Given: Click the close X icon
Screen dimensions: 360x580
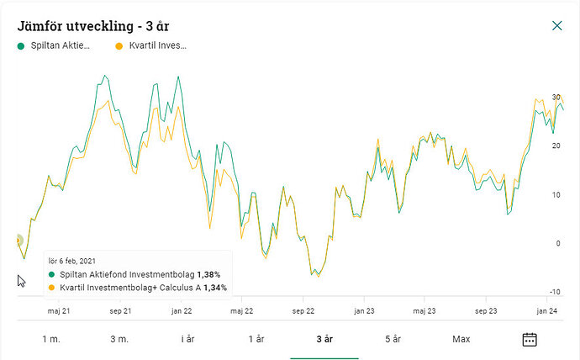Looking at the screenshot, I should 556,25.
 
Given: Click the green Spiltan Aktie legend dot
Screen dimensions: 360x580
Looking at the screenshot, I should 21,46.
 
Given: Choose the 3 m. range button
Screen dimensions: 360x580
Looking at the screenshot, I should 119,339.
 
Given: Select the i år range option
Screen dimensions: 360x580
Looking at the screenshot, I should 188,339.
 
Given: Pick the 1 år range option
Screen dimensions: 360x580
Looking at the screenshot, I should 256,339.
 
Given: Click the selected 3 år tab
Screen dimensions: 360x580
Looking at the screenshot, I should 324,339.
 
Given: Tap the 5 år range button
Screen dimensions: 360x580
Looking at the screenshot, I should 393,339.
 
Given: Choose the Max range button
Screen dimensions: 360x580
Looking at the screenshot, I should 461,339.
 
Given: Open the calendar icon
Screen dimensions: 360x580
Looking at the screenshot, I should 530,339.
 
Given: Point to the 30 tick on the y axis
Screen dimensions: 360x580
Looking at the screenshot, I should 556,98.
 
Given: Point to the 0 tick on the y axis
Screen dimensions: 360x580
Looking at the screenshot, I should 556,244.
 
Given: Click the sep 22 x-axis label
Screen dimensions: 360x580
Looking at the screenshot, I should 303,310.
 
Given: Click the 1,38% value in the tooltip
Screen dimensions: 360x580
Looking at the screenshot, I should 209,275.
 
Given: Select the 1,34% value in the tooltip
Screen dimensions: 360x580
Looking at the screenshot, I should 215,288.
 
